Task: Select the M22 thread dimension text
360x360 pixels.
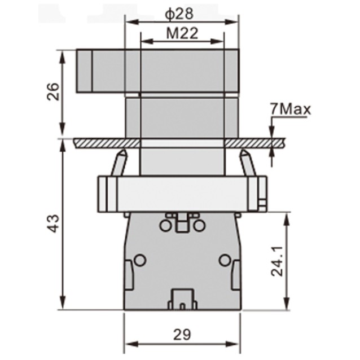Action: click(x=181, y=33)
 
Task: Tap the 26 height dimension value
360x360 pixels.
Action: click(x=52, y=92)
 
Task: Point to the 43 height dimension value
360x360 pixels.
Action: click(x=52, y=223)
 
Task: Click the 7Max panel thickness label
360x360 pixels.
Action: click(x=290, y=109)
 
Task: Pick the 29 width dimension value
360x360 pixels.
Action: click(x=182, y=334)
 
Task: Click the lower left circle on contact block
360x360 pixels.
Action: click(x=139, y=260)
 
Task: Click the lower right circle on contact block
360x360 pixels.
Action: click(x=225, y=260)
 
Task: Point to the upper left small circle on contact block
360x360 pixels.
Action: click(x=164, y=226)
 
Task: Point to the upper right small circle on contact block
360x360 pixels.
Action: click(x=199, y=226)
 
